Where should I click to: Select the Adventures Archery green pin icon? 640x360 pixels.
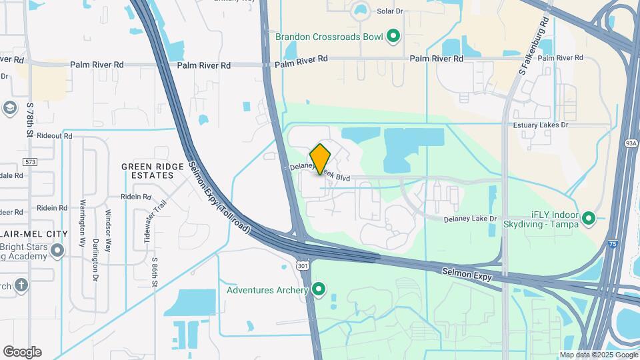tap(319, 289)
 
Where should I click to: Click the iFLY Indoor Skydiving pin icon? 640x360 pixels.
tap(589, 218)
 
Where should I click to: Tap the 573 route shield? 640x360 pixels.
tap(29, 162)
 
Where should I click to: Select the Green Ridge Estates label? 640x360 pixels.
tap(147, 171)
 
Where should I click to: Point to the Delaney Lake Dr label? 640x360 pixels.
tap(471, 219)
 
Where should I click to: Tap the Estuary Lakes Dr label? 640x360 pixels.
tap(540, 125)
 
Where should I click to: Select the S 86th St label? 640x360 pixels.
tap(155, 273)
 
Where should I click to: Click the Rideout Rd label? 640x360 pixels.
tap(55, 135)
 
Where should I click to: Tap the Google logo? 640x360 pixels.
tap(21, 352)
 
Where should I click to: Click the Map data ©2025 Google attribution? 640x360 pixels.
tap(598, 355)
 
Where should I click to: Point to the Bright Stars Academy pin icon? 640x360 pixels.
tap(58, 251)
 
